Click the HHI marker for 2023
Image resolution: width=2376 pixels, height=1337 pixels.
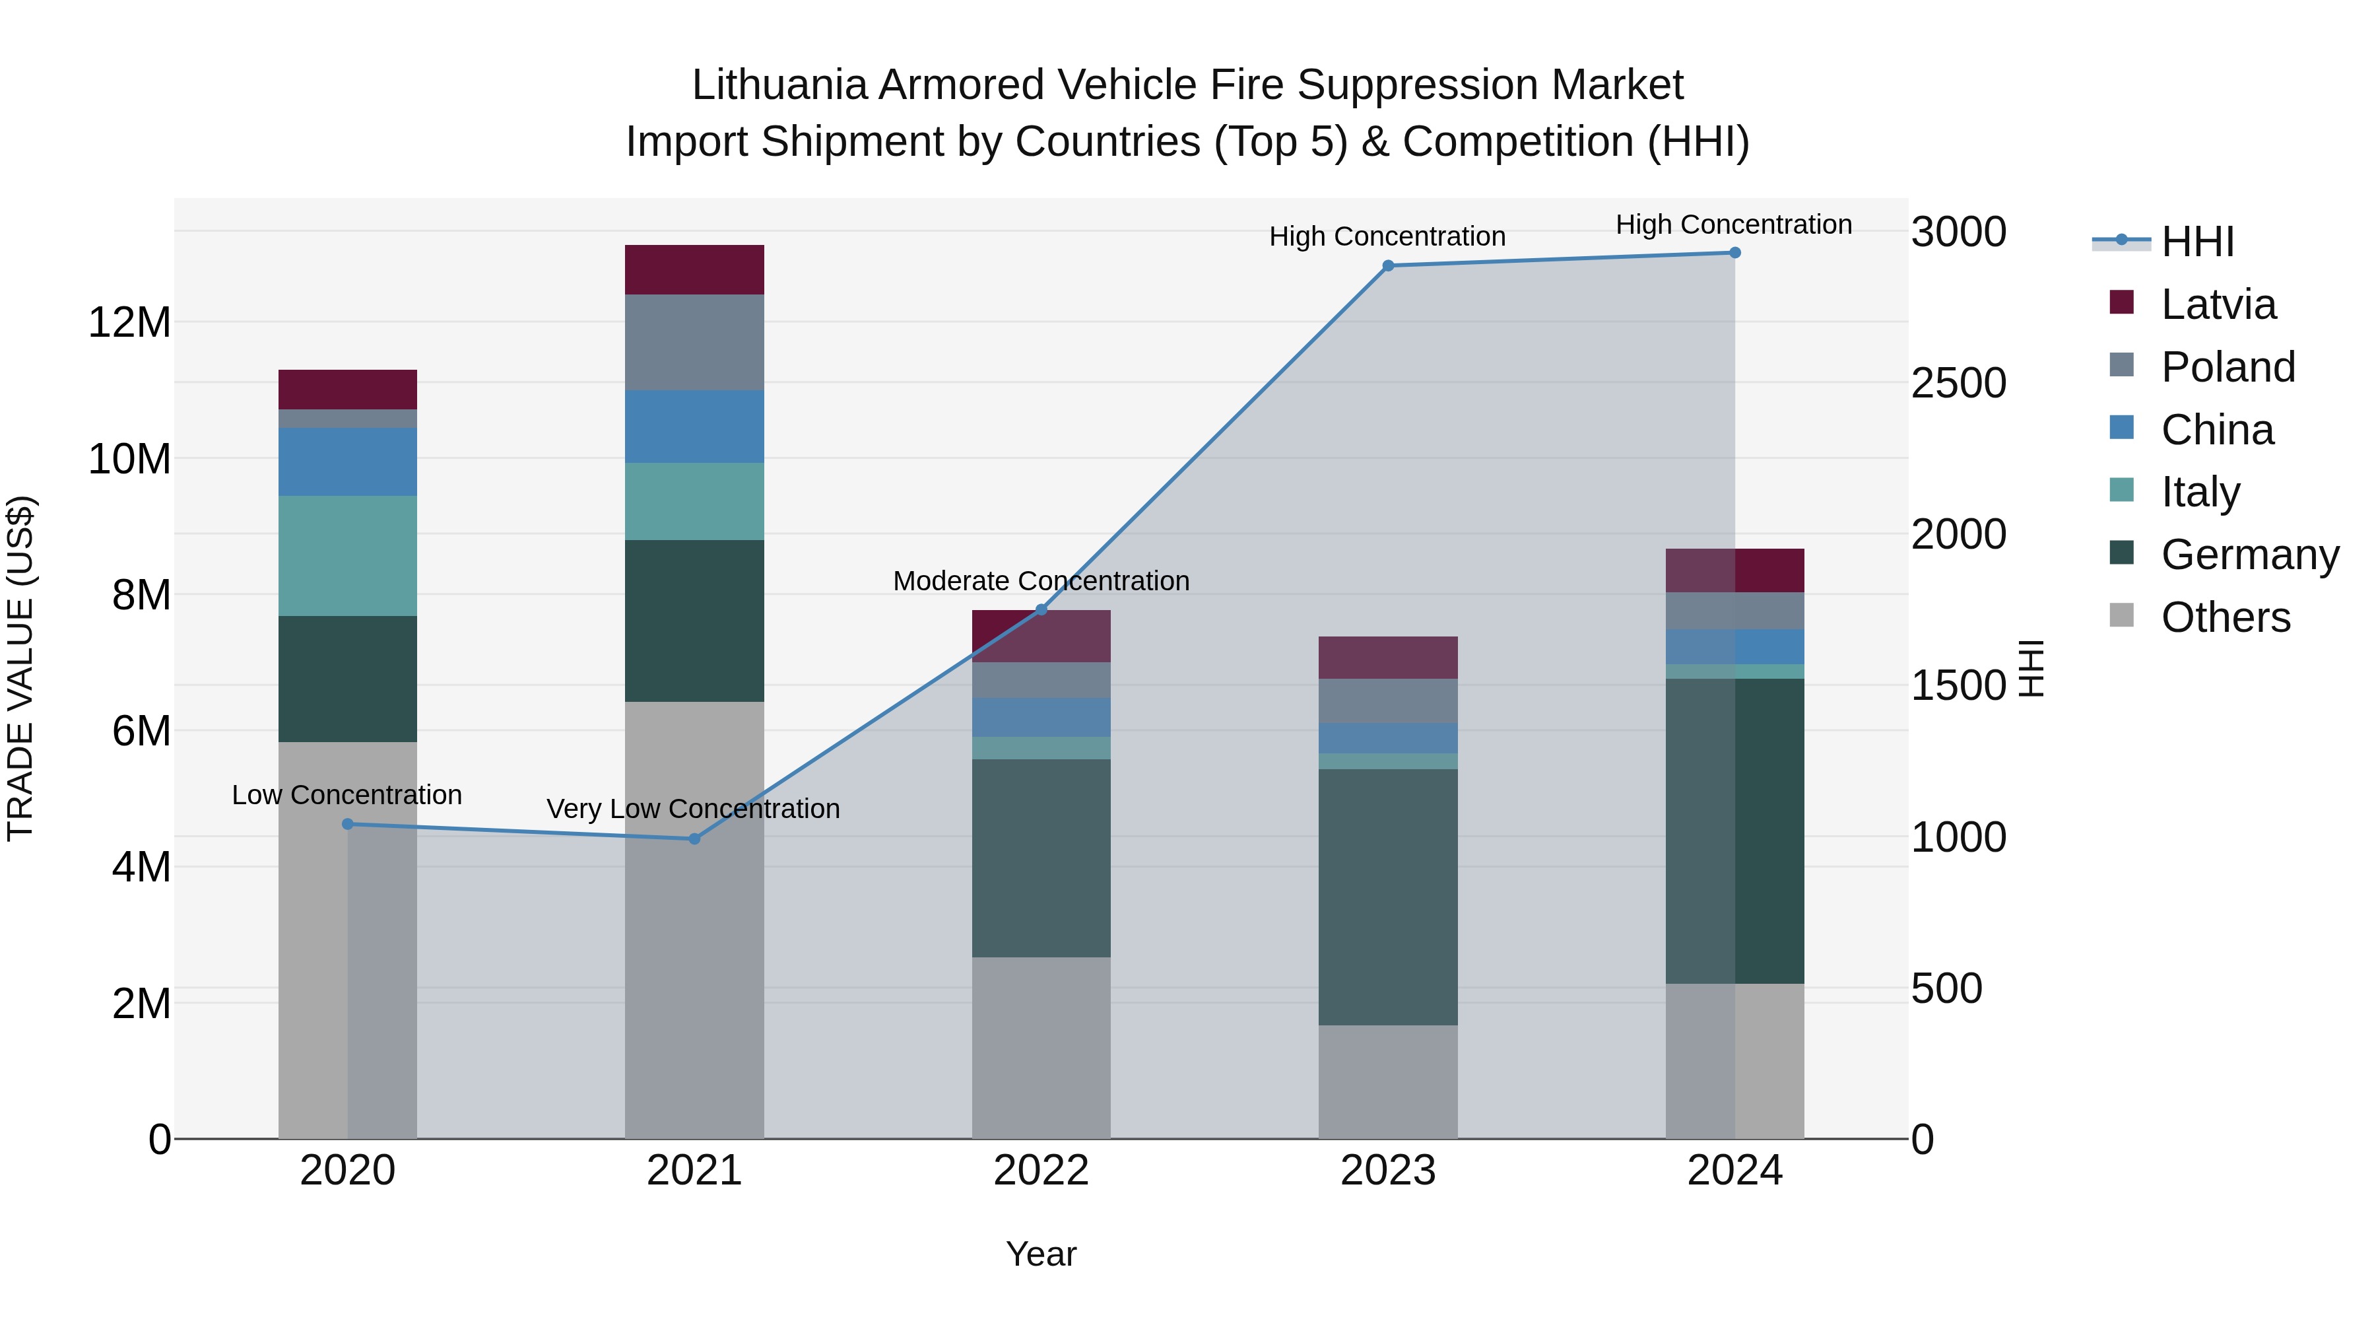(1388, 265)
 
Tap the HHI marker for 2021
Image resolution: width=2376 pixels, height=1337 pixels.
(694, 839)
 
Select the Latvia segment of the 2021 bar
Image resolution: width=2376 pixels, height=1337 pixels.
(694, 269)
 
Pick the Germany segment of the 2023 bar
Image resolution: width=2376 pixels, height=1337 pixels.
(1388, 897)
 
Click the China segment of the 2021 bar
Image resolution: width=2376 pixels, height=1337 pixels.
(694, 427)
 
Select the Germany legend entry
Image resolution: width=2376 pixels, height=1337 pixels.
(2249, 555)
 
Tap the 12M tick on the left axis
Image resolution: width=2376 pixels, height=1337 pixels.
(129, 323)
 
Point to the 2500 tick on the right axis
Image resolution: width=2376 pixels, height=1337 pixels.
(1958, 383)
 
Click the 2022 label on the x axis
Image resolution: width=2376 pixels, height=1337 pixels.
(1041, 1171)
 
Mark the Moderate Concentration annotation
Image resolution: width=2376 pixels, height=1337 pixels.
(1041, 581)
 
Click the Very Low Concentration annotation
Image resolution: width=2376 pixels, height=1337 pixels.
(693, 809)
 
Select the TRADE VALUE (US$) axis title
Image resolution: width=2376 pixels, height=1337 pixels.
(20, 668)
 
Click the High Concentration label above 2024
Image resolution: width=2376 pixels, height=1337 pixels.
(1733, 224)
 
